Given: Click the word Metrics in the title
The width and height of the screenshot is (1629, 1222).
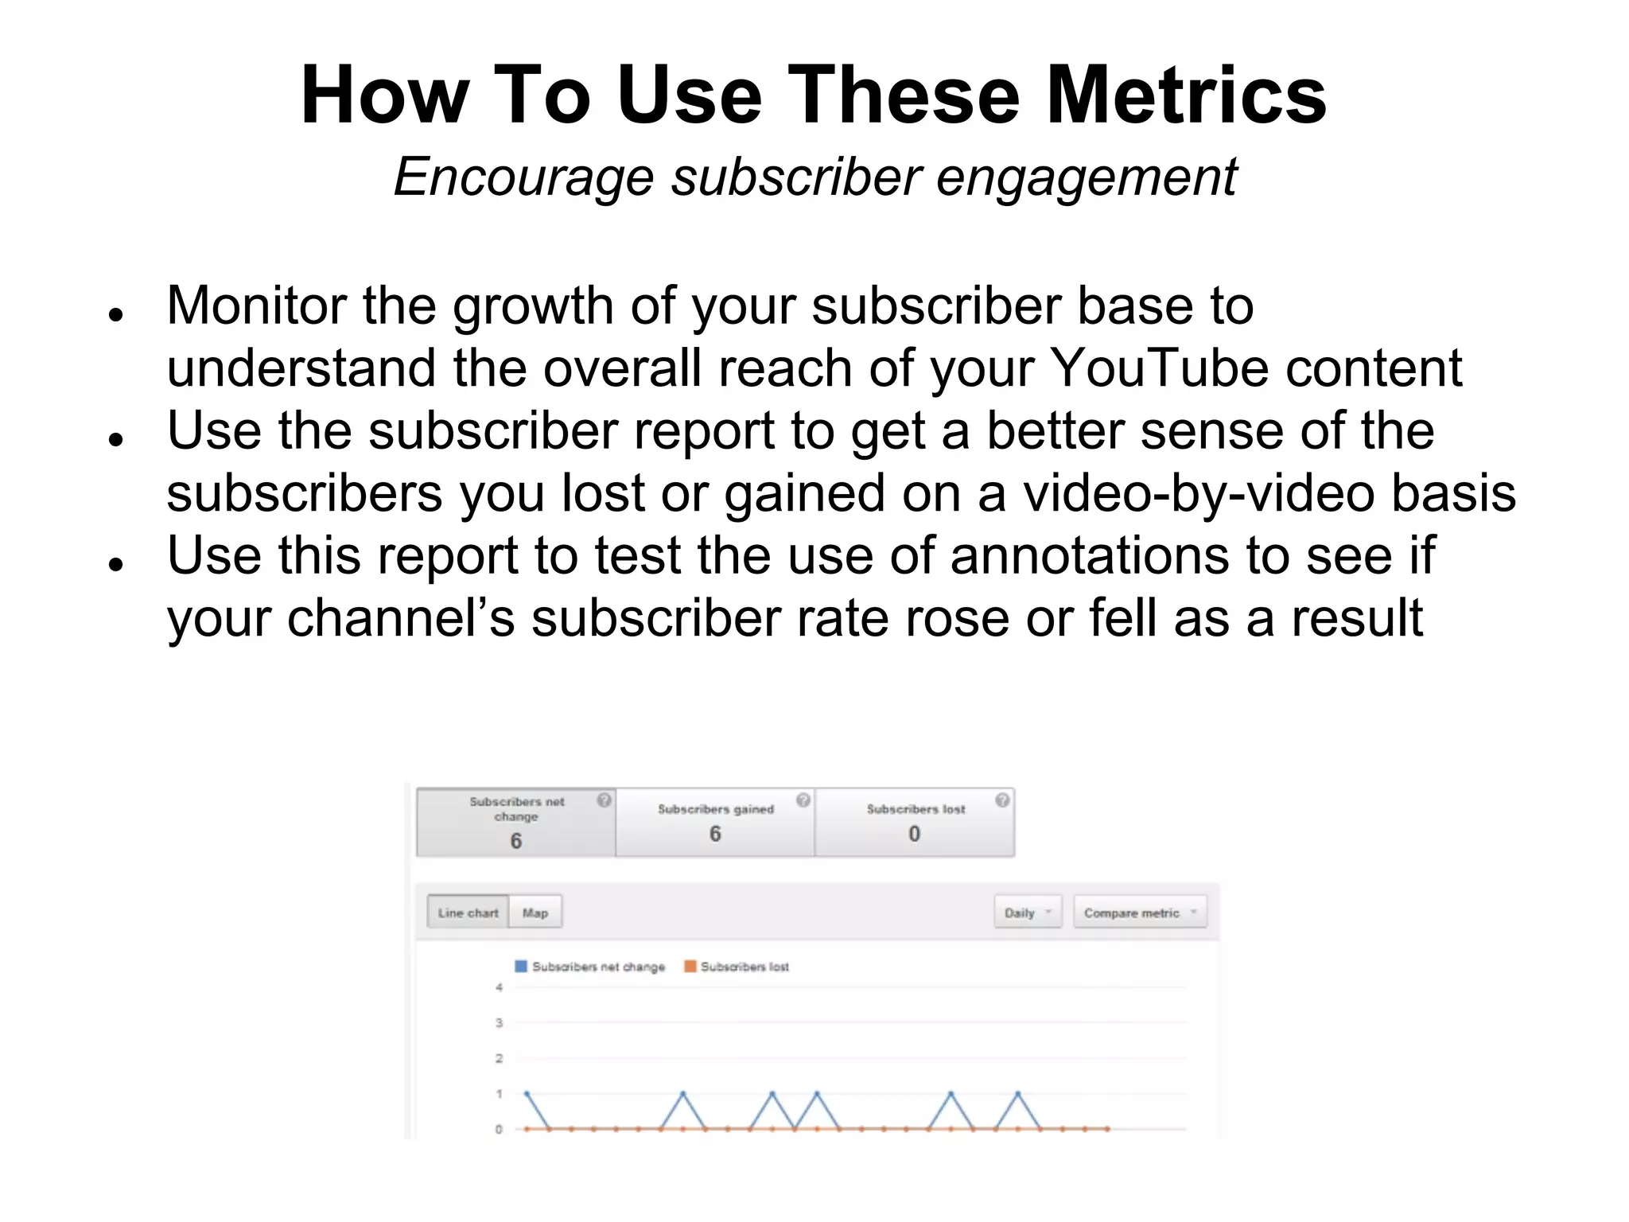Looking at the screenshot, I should [x=1186, y=95].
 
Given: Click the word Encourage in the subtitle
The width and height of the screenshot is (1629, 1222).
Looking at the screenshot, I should [x=523, y=177].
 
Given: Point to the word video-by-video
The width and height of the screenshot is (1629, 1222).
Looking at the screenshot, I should [x=1199, y=493].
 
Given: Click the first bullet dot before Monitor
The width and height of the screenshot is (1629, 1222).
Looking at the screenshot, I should [x=117, y=315].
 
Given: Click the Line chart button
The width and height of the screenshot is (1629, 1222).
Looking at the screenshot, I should [x=468, y=913].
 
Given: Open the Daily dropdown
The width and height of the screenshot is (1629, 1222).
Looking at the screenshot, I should [x=1027, y=913].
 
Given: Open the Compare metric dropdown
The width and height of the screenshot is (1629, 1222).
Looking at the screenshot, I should [x=1139, y=913].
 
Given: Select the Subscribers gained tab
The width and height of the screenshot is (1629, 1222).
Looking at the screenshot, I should [x=715, y=822].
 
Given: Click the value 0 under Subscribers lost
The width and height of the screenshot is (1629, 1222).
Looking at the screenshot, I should [x=914, y=834].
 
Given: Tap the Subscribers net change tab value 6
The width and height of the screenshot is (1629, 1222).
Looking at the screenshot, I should [x=515, y=841].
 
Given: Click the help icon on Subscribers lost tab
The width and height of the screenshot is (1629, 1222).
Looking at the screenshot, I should [x=1002, y=800].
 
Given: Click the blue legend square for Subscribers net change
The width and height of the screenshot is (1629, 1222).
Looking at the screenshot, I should [x=521, y=966].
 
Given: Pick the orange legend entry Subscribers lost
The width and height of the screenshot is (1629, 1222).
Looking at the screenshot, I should [x=737, y=967].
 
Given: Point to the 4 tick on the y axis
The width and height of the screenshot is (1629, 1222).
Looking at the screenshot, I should [x=499, y=987].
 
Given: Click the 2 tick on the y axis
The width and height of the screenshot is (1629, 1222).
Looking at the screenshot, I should [x=499, y=1058].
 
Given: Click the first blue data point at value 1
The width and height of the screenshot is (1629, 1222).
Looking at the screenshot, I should [x=527, y=1093].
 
